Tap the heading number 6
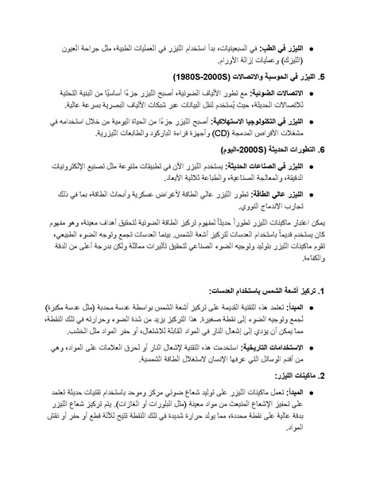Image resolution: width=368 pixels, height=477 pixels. (x=322, y=149)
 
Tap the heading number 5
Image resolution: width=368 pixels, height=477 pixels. (x=322, y=78)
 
